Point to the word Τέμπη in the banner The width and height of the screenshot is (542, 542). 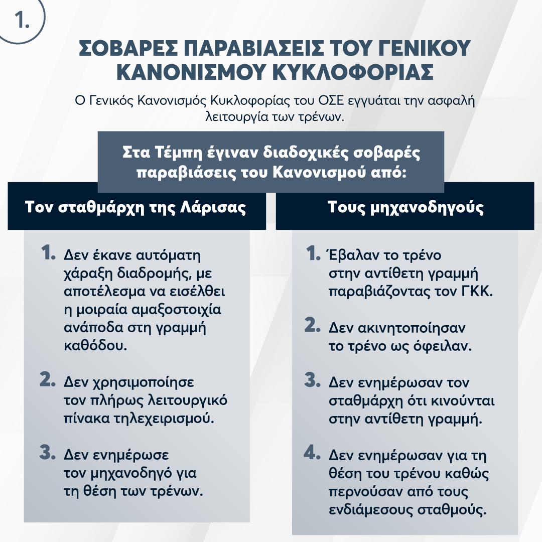point(187,152)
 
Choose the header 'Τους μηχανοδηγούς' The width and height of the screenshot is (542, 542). point(405,207)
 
